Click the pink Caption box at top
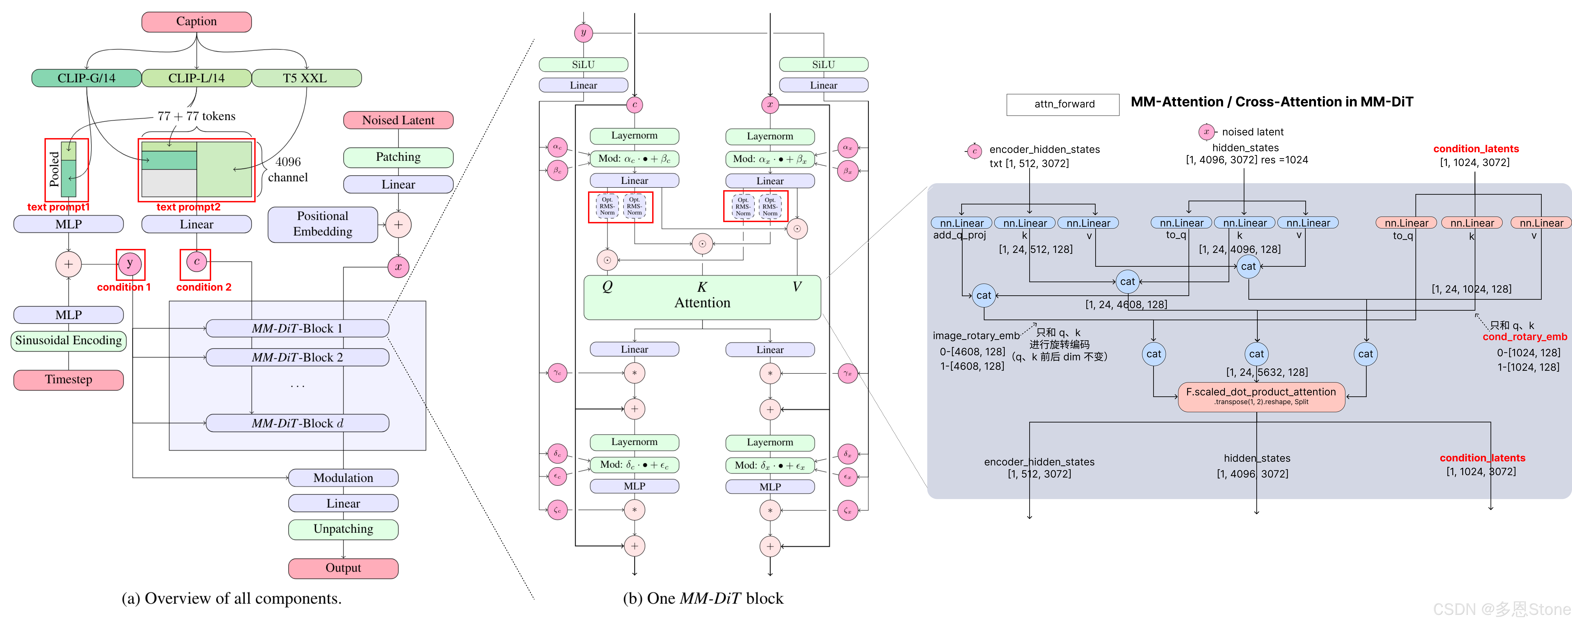coord(196,21)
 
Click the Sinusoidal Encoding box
coord(68,340)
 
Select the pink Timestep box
coord(68,380)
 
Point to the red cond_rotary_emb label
coord(1524,337)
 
